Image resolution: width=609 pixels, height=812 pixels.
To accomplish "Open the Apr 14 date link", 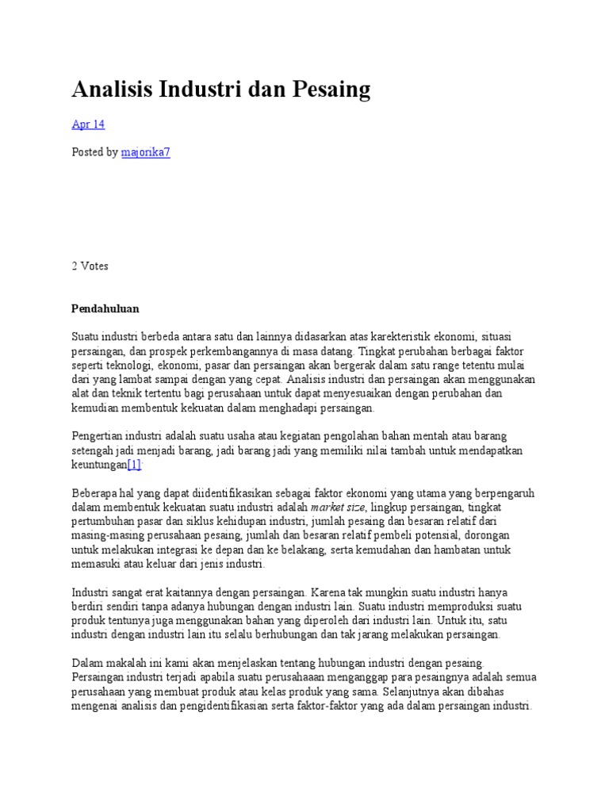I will [x=88, y=124].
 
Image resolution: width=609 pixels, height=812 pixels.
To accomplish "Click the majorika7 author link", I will [x=146, y=151].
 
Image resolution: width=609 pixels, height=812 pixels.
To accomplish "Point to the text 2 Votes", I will [x=90, y=266].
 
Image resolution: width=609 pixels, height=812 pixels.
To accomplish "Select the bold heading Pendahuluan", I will [x=105, y=308].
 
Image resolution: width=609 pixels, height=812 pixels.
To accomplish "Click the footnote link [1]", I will [x=134, y=465].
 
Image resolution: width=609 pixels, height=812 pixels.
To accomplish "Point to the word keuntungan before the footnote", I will [x=99, y=465].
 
